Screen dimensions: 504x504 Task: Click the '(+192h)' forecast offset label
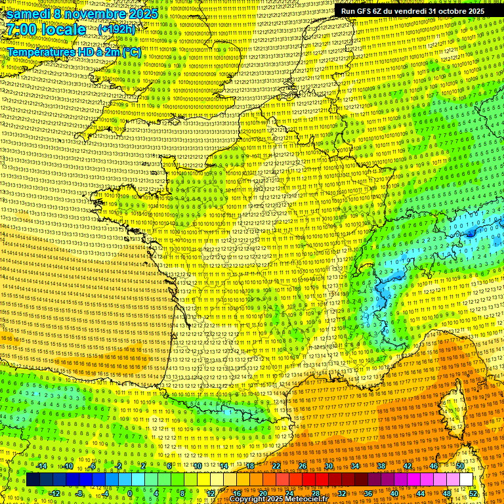pyautogui.click(x=117, y=30)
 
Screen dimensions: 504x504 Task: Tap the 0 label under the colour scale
pyautogui.click(x=131, y=493)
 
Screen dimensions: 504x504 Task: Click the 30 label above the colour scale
pyautogui.click(x=328, y=466)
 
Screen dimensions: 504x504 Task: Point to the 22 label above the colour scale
pyautogui.click(x=276, y=466)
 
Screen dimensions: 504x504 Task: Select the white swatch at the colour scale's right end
pyautogui.click(x=466, y=480)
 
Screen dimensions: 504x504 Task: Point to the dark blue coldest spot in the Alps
pyautogui.click(x=471, y=232)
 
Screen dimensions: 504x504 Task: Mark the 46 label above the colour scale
pyautogui.click(x=433, y=466)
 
